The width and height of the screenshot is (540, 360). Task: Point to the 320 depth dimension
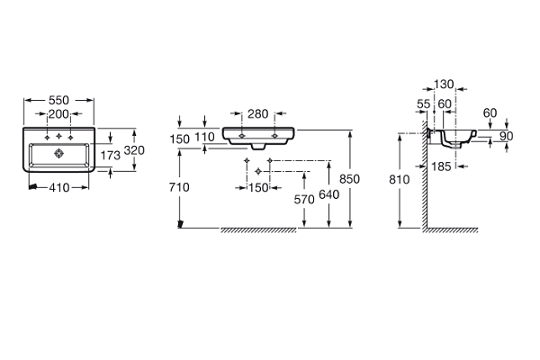134,150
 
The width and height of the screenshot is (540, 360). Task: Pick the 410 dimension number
59,189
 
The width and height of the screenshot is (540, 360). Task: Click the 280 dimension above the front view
258,113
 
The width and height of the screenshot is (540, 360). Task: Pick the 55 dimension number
423,104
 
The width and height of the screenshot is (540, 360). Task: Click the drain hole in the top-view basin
60,154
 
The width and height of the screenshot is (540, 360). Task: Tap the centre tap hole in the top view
60,136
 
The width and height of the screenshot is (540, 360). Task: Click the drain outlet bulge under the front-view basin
258,147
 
